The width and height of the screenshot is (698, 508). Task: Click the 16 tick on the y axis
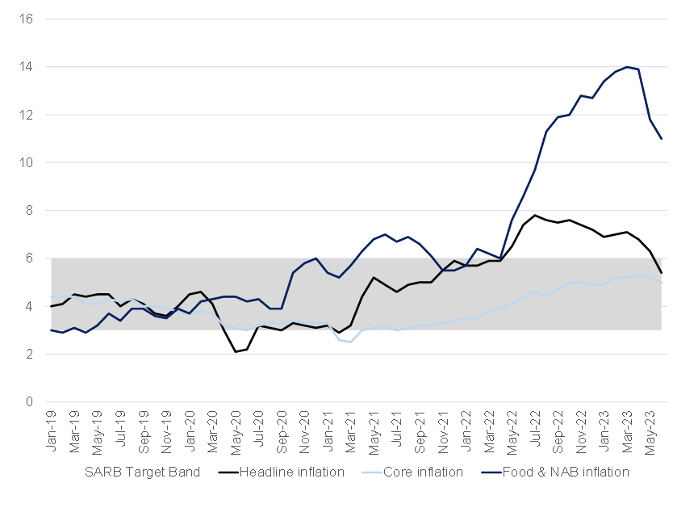tap(26, 19)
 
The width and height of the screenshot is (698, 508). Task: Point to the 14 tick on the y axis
tap(26, 67)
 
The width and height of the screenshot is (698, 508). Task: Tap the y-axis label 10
tap(26, 162)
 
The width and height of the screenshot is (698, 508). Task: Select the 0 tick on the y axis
tap(28, 401)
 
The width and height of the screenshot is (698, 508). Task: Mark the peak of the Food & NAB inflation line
tap(627, 67)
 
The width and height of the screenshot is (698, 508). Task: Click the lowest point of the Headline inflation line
tap(236, 351)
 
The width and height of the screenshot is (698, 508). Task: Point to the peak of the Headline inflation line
tap(535, 215)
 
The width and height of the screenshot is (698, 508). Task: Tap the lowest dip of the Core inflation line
tap(351, 342)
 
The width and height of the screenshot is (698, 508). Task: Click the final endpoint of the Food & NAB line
tap(662, 139)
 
